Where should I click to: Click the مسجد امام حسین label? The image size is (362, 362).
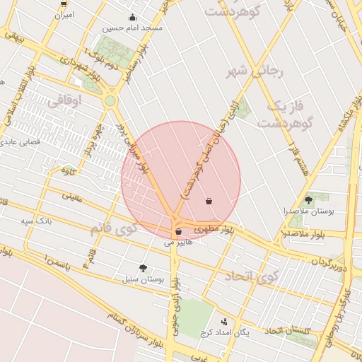(132, 29)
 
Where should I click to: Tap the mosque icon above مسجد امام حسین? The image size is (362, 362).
(132, 18)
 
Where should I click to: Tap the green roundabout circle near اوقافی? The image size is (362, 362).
(110, 101)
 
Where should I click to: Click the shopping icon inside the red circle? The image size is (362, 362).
(209, 201)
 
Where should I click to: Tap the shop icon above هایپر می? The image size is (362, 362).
(177, 231)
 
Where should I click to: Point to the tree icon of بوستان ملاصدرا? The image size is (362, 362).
(308, 201)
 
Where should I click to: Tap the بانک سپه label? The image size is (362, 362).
(37, 221)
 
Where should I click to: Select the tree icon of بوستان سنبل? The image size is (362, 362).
(144, 269)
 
